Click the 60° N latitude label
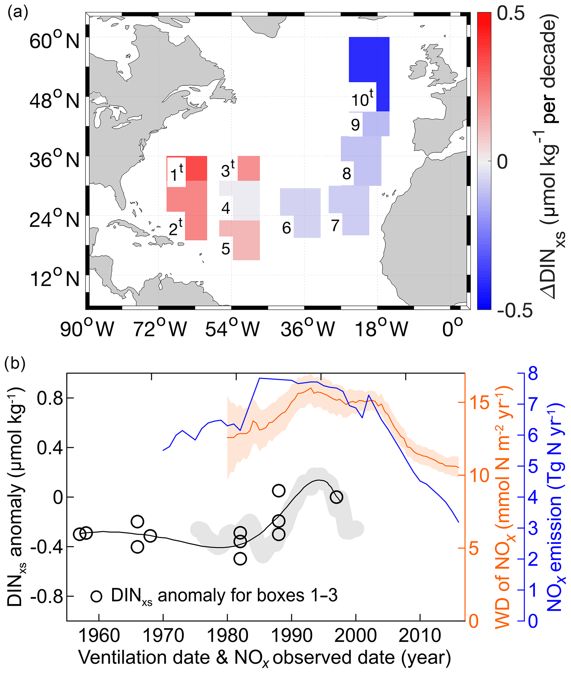[54, 41]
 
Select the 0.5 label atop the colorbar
[511, 14]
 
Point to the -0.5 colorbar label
[515, 310]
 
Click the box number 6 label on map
[286, 228]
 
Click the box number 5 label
[226, 249]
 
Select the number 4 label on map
[226, 208]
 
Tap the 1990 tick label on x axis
[292, 636]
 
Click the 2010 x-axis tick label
[420, 636]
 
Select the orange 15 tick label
[479, 403]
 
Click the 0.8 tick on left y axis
[49, 398]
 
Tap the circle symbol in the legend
[96, 596]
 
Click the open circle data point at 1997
[337, 497]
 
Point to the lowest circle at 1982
[240, 558]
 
